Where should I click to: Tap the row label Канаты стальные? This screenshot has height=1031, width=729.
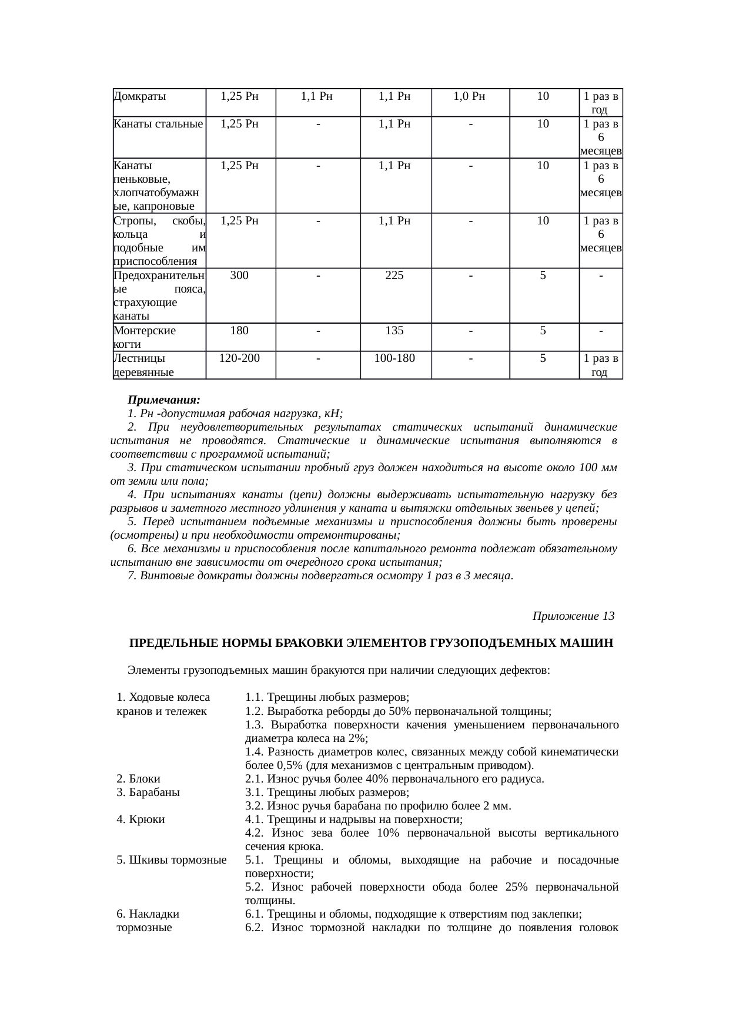coord(158,124)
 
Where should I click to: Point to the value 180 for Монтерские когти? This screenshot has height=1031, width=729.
coord(239,331)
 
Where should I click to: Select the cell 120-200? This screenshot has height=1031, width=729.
coord(239,358)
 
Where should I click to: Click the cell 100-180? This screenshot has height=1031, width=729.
coord(394,358)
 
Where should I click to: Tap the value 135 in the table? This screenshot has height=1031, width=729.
coord(394,331)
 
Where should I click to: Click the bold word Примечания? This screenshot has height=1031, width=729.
coord(164,400)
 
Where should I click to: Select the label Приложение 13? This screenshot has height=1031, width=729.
coord(573,616)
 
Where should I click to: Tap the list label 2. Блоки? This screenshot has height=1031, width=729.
coord(138,779)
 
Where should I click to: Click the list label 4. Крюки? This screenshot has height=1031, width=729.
coord(141,820)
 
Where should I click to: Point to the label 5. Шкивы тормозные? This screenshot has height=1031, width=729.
coord(172,861)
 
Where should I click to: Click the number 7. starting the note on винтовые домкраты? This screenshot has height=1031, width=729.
coord(132,576)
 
